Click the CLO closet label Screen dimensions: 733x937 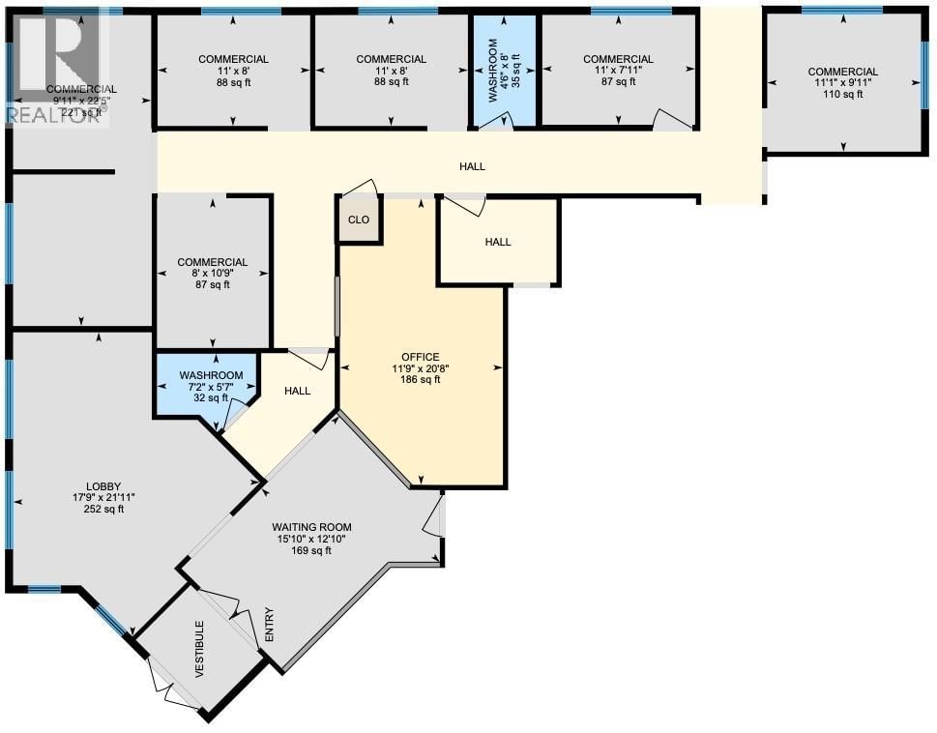[359, 220]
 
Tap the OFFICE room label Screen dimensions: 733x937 [422, 356]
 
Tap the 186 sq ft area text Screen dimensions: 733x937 [422, 379]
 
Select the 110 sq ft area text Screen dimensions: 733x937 [843, 95]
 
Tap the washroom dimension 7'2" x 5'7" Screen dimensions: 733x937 [210, 386]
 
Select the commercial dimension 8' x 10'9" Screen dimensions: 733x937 [212, 274]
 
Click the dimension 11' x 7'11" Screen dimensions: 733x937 [619, 71]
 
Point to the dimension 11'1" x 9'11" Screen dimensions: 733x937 [843, 83]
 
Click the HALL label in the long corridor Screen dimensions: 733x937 [472, 166]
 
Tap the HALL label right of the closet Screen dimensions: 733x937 [498, 242]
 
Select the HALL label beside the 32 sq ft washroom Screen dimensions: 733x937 [297, 391]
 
